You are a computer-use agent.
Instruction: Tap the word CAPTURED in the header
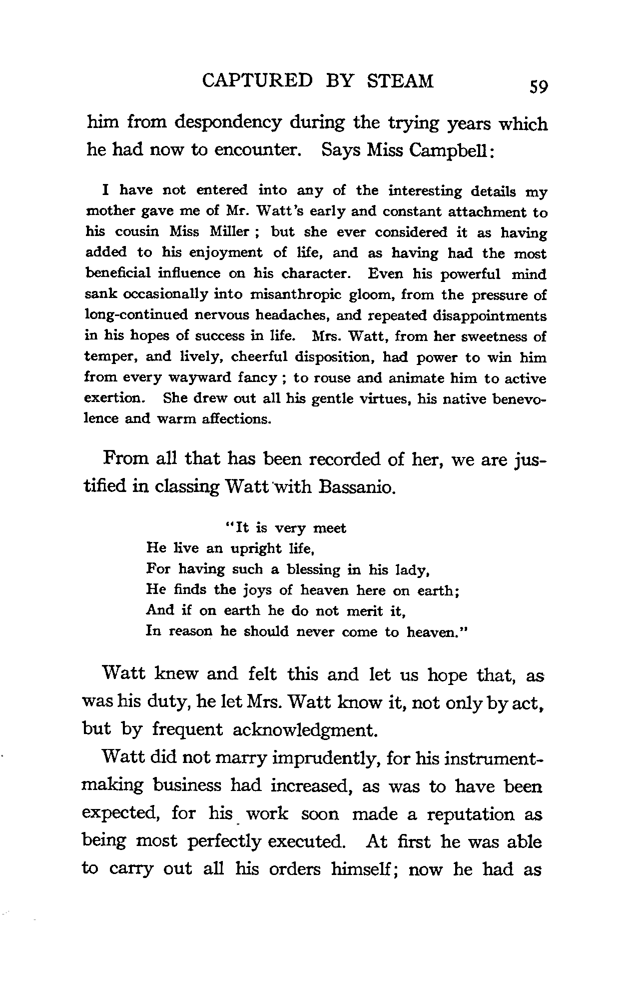(258, 81)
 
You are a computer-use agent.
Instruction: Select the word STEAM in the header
(400, 81)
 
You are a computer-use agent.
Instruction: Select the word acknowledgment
(304, 730)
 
